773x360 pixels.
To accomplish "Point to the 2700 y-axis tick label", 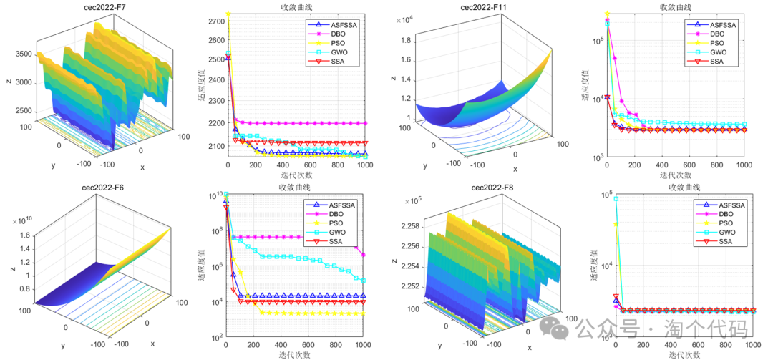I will [x=215, y=22].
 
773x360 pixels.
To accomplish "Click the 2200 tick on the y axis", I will [x=215, y=124].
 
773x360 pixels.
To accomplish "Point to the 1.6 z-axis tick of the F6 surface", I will [x=21, y=235].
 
